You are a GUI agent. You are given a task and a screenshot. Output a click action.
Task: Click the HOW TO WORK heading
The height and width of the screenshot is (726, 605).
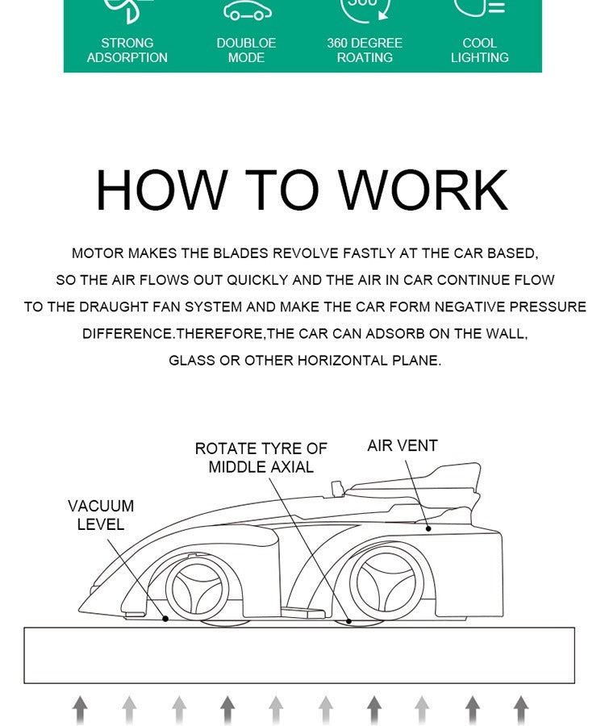(302, 190)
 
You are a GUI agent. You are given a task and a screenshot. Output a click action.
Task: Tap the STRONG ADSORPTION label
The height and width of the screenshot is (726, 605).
(127, 50)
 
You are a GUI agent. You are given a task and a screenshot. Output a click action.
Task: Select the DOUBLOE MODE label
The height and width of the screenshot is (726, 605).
(246, 50)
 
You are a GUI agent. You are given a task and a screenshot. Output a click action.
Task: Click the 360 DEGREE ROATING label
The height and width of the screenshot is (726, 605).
(365, 50)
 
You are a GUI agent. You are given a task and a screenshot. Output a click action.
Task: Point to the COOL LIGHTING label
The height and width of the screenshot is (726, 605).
(479, 50)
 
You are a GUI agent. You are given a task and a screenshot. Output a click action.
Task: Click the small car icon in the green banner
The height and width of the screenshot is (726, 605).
(247, 12)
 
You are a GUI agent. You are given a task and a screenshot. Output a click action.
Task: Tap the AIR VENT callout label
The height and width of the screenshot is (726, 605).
(402, 446)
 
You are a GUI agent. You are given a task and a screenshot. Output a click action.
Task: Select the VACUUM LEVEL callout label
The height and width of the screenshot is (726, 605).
(101, 515)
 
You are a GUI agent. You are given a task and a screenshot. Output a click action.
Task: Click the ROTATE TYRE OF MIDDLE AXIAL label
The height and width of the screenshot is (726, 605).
(261, 457)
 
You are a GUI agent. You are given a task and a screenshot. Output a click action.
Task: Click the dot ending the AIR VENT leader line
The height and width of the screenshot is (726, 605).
(429, 529)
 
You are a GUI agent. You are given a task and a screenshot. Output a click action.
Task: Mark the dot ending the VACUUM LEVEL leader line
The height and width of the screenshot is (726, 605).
(165, 619)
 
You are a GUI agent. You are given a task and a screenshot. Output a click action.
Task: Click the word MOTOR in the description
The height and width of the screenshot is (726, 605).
(98, 253)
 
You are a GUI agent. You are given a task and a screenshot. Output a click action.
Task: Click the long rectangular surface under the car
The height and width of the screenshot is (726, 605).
(299, 655)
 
